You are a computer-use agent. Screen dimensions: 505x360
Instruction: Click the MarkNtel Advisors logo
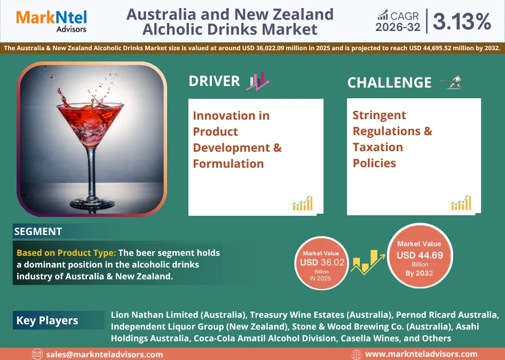coord(52,21)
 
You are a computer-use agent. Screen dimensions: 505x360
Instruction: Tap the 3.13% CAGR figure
coord(462,21)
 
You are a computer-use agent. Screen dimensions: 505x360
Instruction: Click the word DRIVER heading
coord(214,81)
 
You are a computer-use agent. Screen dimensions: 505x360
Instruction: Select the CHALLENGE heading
coord(389,82)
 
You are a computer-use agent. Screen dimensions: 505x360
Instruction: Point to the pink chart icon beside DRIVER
coord(258,81)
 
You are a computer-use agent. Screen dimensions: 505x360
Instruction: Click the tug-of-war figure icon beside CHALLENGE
coord(452,82)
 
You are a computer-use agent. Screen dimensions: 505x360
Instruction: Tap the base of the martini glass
coord(92,203)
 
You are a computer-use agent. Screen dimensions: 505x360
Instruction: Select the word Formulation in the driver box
coord(228,164)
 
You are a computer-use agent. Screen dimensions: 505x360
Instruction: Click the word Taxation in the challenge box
coord(378,147)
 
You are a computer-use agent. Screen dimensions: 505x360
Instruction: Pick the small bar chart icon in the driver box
coord(302,204)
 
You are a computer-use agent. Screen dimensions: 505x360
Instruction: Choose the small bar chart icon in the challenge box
coord(461,203)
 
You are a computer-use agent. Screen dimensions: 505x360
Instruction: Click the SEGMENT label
coord(38,231)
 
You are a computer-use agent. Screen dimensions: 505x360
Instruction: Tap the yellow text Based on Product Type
coord(66,253)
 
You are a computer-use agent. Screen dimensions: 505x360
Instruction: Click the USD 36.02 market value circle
coord(322,263)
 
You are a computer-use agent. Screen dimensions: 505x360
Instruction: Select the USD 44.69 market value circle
coord(420,255)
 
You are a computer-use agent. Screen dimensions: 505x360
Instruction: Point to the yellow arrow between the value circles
coord(368,262)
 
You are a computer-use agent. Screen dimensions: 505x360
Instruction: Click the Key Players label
coord(48,320)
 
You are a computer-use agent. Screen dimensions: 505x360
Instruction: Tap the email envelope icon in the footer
coord(37,354)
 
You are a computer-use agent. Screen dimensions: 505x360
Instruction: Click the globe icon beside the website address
coord(357,355)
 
